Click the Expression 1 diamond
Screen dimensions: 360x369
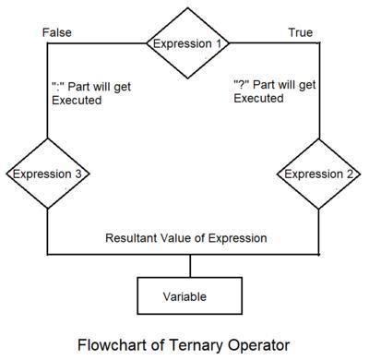click(187, 43)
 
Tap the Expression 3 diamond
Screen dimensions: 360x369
click(47, 173)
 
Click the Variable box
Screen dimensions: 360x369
click(190, 296)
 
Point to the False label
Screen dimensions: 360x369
click(56, 32)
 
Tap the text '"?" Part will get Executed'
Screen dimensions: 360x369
click(274, 93)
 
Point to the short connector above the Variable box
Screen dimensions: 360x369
click(190, 265)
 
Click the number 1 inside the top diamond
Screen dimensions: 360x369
click(220, 43)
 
